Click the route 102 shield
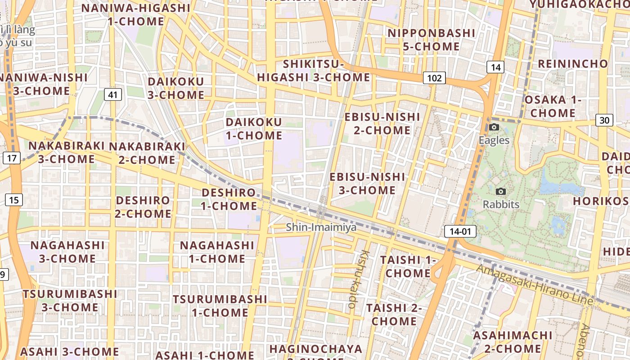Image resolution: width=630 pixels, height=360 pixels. coord(434,78)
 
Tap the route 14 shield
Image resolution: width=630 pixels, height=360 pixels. coord(495,67)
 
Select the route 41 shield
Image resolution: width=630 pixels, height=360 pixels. coord(112,94)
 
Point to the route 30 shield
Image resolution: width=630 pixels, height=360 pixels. coord(604,120)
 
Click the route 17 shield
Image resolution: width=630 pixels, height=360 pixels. coord(12,158)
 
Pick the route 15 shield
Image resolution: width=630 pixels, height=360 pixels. coord(14,200)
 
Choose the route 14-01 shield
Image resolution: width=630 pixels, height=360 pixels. coord(460,232)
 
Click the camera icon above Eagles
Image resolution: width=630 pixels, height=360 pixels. coord(494,127)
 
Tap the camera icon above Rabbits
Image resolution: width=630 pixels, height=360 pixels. coord(501,192)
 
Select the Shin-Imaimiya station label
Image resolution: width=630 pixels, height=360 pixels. coord(321,227)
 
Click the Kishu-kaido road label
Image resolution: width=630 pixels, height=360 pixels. coord(358,279)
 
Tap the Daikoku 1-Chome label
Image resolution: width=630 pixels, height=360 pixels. coord(254,129)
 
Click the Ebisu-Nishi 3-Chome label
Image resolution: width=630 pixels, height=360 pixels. coord(367,183)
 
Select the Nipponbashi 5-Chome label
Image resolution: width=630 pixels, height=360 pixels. coord(425,40)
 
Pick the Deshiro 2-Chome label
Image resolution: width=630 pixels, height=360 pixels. coord(143,207)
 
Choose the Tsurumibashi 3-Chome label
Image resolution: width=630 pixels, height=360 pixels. coord(70,301)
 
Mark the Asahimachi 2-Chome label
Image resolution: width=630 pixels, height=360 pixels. coord(513,342)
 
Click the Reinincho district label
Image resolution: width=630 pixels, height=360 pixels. coord(573,64)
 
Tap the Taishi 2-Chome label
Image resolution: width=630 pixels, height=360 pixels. coord(394,315)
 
